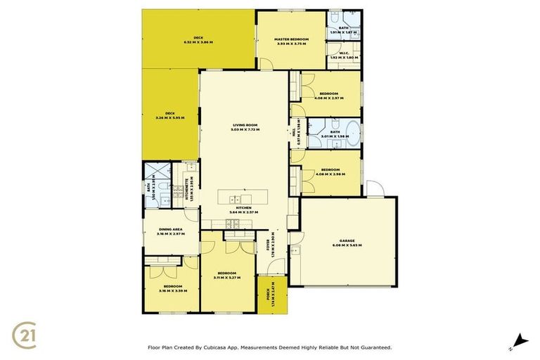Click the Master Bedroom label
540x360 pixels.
290,38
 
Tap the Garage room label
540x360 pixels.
347,240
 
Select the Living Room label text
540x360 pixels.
246,125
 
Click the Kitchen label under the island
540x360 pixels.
244,207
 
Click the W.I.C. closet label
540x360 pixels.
344,52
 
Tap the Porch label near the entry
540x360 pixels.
268,296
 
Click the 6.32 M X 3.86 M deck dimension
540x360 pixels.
198,43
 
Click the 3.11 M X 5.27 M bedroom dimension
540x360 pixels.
226,277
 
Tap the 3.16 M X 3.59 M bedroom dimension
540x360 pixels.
173,290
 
